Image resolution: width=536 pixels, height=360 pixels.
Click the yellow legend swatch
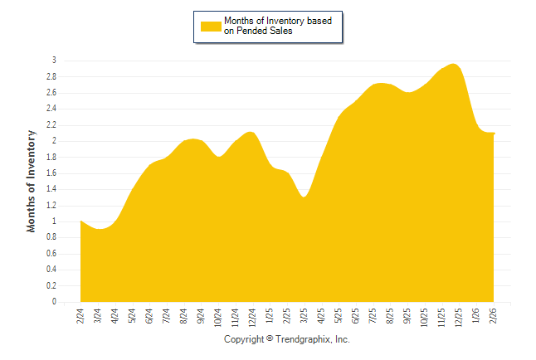click(211, 26)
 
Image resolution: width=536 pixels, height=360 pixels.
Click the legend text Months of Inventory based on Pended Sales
click(282, 26)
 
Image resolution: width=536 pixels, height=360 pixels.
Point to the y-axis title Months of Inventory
click(32, 181)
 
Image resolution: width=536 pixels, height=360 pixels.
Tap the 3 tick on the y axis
click(54, 61)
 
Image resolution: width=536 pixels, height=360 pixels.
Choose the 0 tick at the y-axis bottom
click(54, 302)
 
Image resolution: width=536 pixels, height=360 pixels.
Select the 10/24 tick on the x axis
click(218, 317)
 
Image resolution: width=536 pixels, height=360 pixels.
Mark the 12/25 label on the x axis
click(460, 317)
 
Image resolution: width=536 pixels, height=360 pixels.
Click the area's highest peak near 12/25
click(453, 65)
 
